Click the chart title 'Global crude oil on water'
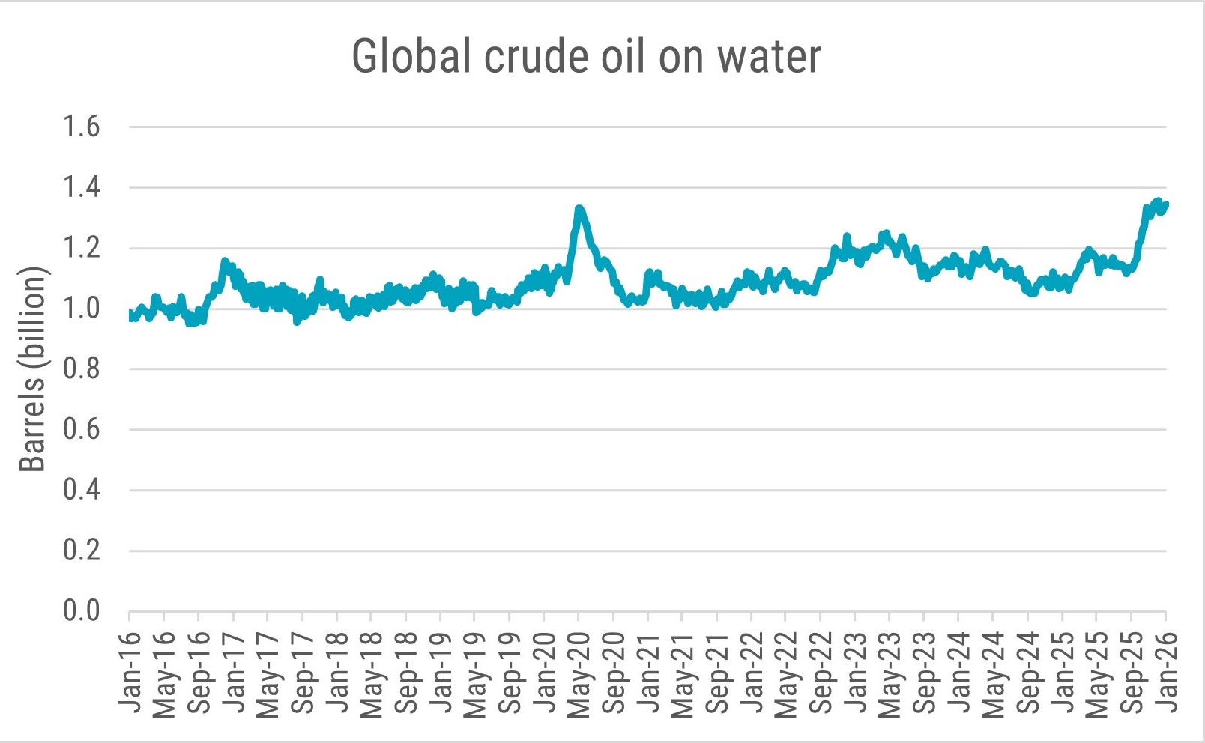pos(587,56)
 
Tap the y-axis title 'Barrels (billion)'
pos(33,369)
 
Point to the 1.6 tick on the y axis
pos(81,127)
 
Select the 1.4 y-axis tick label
pos(81,187)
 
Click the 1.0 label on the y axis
pos(81,308)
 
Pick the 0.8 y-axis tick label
pos(81,369)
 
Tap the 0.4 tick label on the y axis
pos(81,490)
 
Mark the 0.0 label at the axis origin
pos(81,611)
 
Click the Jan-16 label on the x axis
pos(130,673)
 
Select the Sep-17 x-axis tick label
pos(303,673)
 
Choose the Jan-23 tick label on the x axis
pos(855,673)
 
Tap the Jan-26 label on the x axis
pos(1166,673)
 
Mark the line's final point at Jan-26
pos(1166,204)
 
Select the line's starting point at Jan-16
pos(130,313)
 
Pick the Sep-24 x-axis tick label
pos(1027,673)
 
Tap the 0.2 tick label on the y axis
pos(81,551)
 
